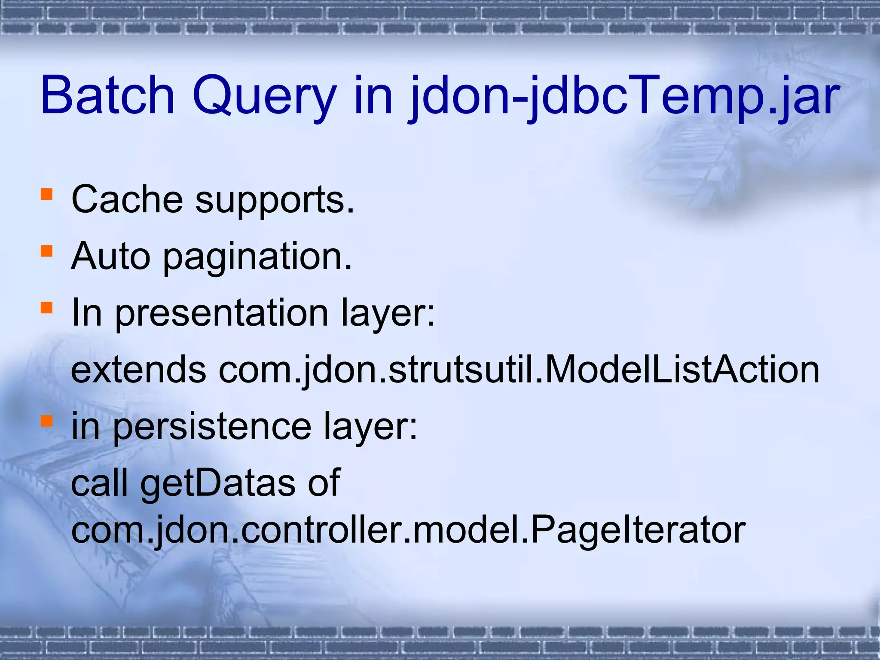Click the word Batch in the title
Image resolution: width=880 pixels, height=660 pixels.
coord(107,95)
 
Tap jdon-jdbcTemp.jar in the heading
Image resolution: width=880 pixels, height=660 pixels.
coord(623,97)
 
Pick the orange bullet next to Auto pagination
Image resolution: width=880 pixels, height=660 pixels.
coord(46,251)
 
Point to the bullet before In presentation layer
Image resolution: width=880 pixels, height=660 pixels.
coord(46,307)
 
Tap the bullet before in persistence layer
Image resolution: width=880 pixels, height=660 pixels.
coord(46,421)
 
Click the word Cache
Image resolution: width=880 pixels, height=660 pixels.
coord(127,199)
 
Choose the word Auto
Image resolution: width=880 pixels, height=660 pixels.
coord(111,256)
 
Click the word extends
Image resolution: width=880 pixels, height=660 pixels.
coord(138,370)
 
